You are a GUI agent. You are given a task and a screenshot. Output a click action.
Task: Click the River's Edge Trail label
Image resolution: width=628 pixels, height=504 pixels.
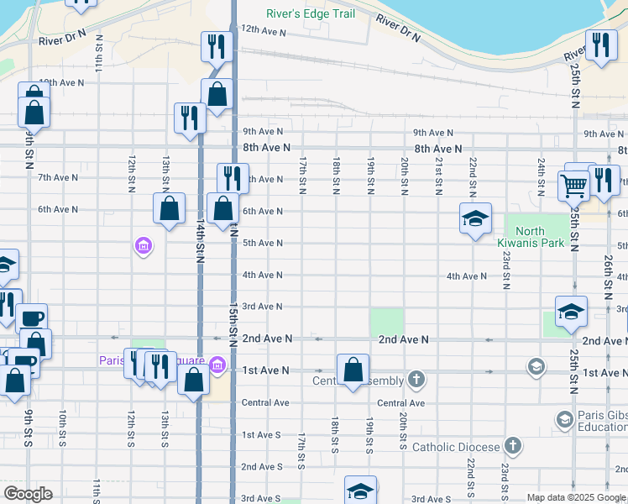[310, 13]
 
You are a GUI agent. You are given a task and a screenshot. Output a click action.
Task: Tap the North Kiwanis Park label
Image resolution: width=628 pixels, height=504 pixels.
[530, 237]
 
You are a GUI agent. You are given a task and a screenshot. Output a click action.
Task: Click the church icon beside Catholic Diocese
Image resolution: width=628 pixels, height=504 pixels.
[513, 446]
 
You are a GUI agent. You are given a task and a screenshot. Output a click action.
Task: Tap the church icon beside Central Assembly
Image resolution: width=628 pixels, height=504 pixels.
[416, 380]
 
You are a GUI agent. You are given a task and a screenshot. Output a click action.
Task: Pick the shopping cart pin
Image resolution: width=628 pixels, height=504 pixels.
[574, 185]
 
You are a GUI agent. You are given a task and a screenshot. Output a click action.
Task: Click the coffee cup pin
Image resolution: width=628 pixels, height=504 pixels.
[32, 318]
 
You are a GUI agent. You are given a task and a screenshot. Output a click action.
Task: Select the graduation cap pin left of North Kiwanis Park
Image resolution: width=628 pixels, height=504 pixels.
[475, 219]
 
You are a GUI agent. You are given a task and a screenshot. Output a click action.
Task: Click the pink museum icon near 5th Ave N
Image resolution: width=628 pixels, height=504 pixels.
[143, 246]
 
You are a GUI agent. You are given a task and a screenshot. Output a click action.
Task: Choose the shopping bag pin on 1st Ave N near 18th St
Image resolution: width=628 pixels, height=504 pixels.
[353, 370]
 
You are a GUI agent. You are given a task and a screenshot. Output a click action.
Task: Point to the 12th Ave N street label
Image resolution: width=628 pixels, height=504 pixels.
[264, 32]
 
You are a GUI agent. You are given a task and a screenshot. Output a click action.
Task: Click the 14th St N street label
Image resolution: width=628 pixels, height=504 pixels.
[201, 239]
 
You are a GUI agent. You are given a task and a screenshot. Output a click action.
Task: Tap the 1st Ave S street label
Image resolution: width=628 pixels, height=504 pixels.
[262, 434]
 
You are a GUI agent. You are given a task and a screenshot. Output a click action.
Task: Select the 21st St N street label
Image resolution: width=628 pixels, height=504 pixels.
[438, 175]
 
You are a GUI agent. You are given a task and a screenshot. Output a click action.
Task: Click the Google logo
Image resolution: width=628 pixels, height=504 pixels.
[28, 494]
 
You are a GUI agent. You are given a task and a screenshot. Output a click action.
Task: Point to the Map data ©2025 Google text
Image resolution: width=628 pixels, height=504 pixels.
[577, 497]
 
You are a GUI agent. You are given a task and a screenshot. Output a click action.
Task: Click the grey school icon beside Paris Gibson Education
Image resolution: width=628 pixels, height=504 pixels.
[565, 418]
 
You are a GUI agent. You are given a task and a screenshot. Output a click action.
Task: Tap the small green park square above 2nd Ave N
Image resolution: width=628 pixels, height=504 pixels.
[386, 323]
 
